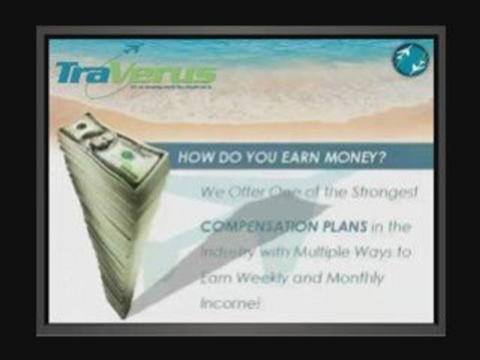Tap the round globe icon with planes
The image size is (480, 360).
[410, 60]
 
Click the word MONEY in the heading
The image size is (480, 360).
[358, 157]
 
